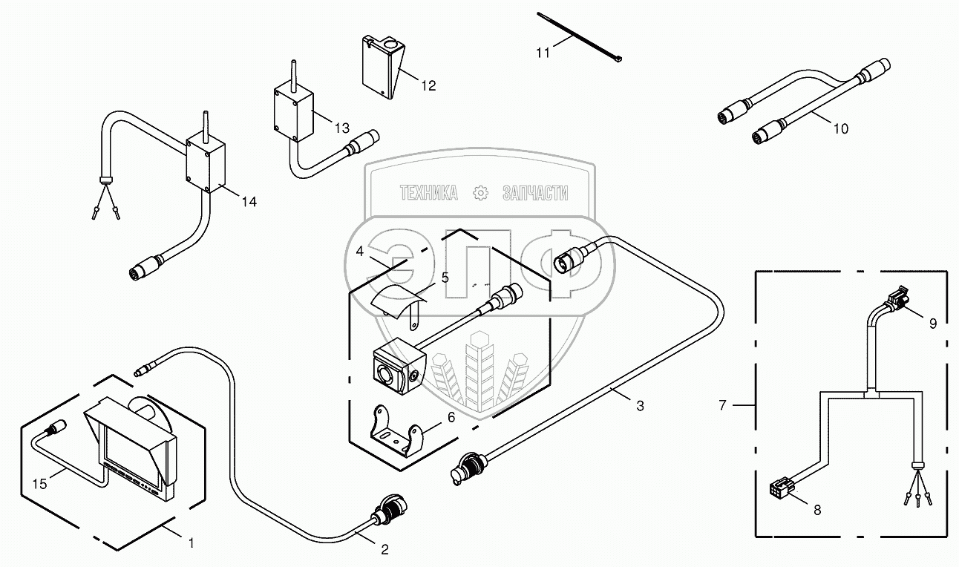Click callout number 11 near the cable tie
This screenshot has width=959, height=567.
543,53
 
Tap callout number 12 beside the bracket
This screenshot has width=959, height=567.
428,85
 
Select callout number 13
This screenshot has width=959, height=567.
342,128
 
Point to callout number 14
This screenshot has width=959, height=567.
249,202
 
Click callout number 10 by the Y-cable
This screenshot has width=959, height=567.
841,128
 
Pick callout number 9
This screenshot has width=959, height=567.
933,324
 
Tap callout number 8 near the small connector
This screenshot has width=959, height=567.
817,510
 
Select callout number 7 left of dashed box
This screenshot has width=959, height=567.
723,404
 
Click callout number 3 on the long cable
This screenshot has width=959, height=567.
640,406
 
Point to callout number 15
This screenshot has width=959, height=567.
40,484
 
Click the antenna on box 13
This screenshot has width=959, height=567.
294,76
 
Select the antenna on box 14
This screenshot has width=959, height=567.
206,127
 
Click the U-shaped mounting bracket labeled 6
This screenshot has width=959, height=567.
396,431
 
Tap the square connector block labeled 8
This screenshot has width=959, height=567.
782,488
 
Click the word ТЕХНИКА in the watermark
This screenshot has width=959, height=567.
428,193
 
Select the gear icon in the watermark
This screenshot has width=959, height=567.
480,193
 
